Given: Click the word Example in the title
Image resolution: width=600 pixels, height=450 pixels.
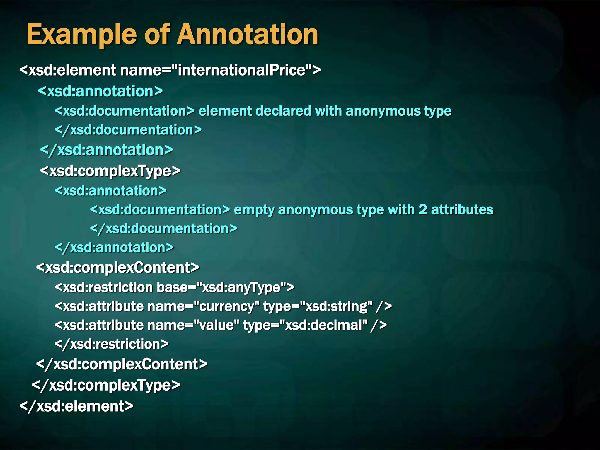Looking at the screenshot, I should pos(81,35).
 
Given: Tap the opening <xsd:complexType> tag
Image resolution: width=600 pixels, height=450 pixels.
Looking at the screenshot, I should pos(110,171).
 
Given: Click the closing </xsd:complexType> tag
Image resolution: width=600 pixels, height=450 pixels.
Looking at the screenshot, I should pos(106,385).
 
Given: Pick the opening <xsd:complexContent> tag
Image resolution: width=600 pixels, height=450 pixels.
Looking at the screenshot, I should pos(118,268).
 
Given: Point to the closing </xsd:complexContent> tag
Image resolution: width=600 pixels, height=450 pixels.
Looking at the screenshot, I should pos(122,364).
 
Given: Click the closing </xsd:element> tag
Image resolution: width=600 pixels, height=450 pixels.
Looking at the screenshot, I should pos(76,406).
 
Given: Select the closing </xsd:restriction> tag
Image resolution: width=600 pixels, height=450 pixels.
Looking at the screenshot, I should pos(112,344).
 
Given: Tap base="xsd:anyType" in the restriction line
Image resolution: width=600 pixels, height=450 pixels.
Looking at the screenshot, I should pos(225,287).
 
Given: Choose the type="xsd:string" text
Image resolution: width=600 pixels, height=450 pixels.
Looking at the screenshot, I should pos(318,306).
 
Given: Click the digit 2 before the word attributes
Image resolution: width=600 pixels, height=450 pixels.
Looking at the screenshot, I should pos(423,210).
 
